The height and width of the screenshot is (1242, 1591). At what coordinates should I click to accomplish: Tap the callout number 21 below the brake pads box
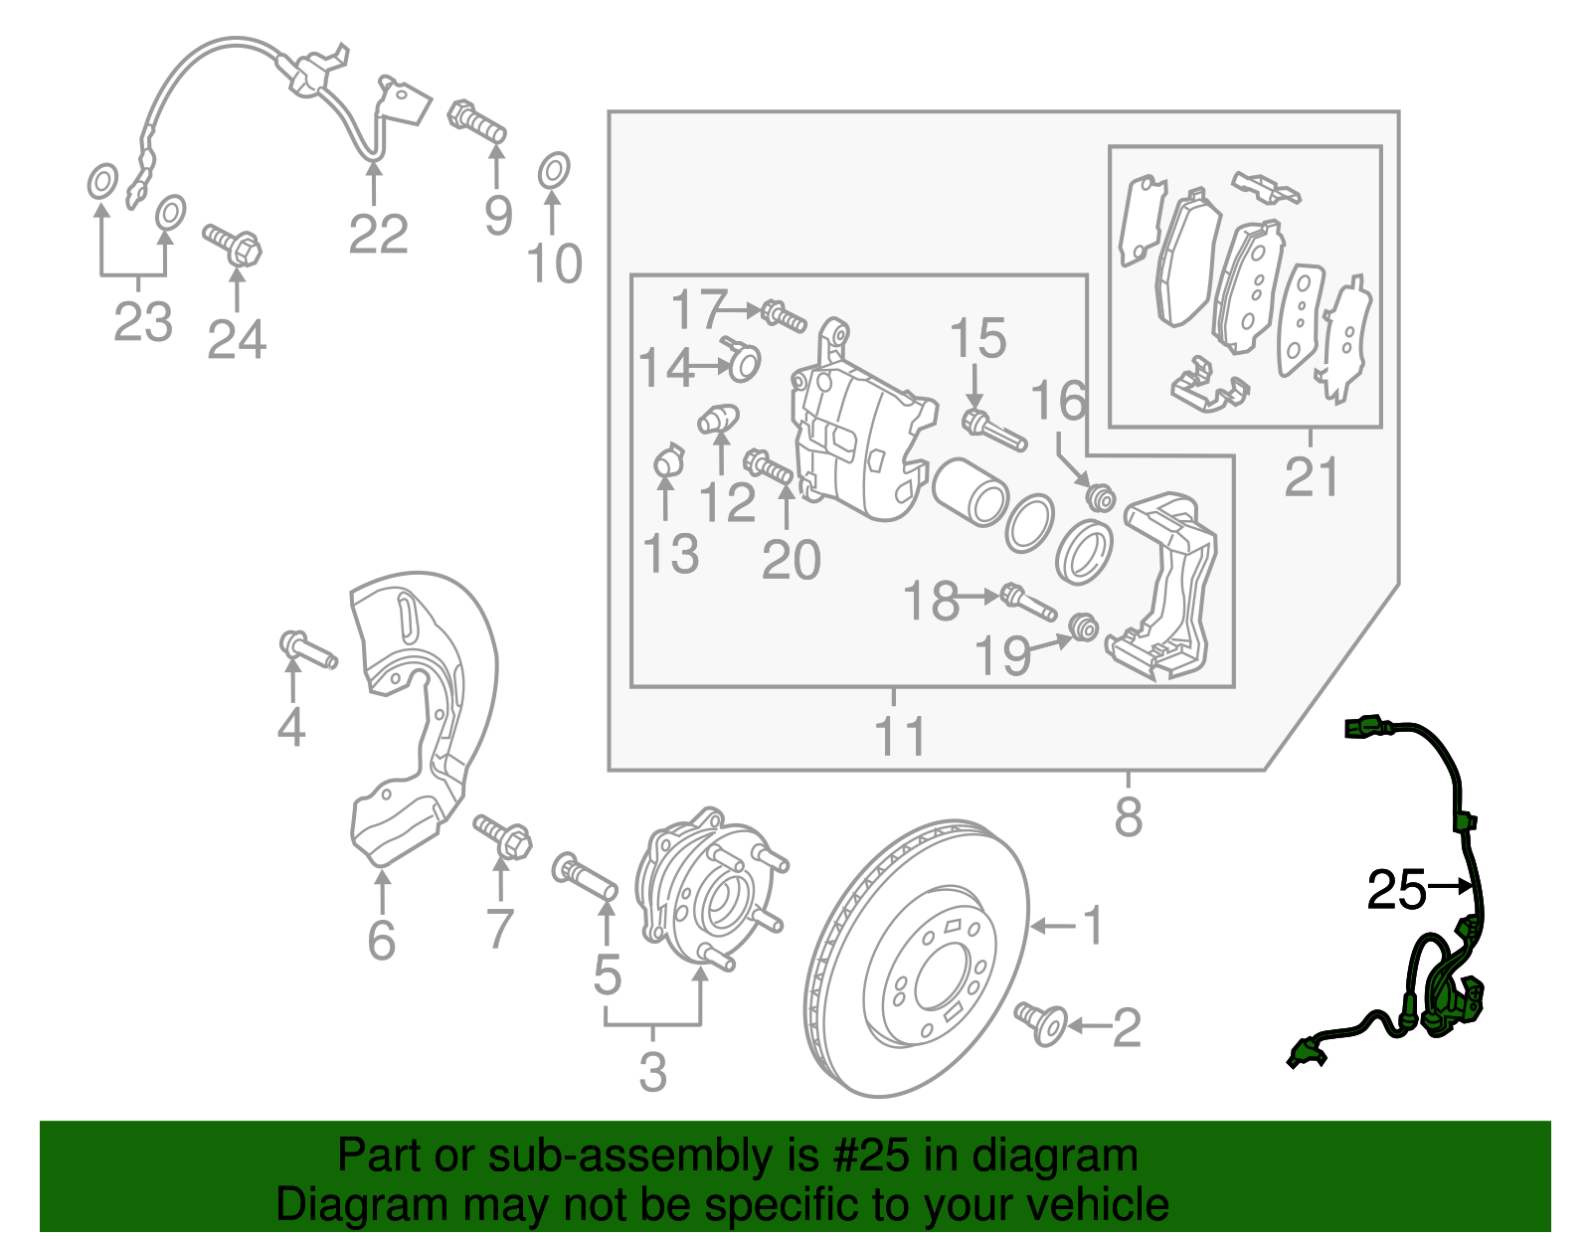[1311, 477]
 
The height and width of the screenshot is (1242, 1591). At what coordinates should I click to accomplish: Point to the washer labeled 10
[554, 171]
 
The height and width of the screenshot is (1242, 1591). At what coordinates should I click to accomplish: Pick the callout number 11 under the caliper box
[900, 736]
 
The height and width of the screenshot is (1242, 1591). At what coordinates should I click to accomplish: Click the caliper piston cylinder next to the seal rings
[972, 491]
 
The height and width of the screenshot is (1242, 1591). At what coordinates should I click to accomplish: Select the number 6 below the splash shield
[381, 940]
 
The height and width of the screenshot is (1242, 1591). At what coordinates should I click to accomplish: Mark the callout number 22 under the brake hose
[378, 235]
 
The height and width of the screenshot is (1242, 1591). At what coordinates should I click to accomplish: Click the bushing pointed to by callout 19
[1085, 627]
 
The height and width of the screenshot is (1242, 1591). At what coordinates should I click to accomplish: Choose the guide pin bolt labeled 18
[1029, 602]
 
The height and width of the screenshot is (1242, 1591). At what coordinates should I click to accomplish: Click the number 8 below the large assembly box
[1128, 817]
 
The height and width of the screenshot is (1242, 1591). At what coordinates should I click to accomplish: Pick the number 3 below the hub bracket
[652, 1072]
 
